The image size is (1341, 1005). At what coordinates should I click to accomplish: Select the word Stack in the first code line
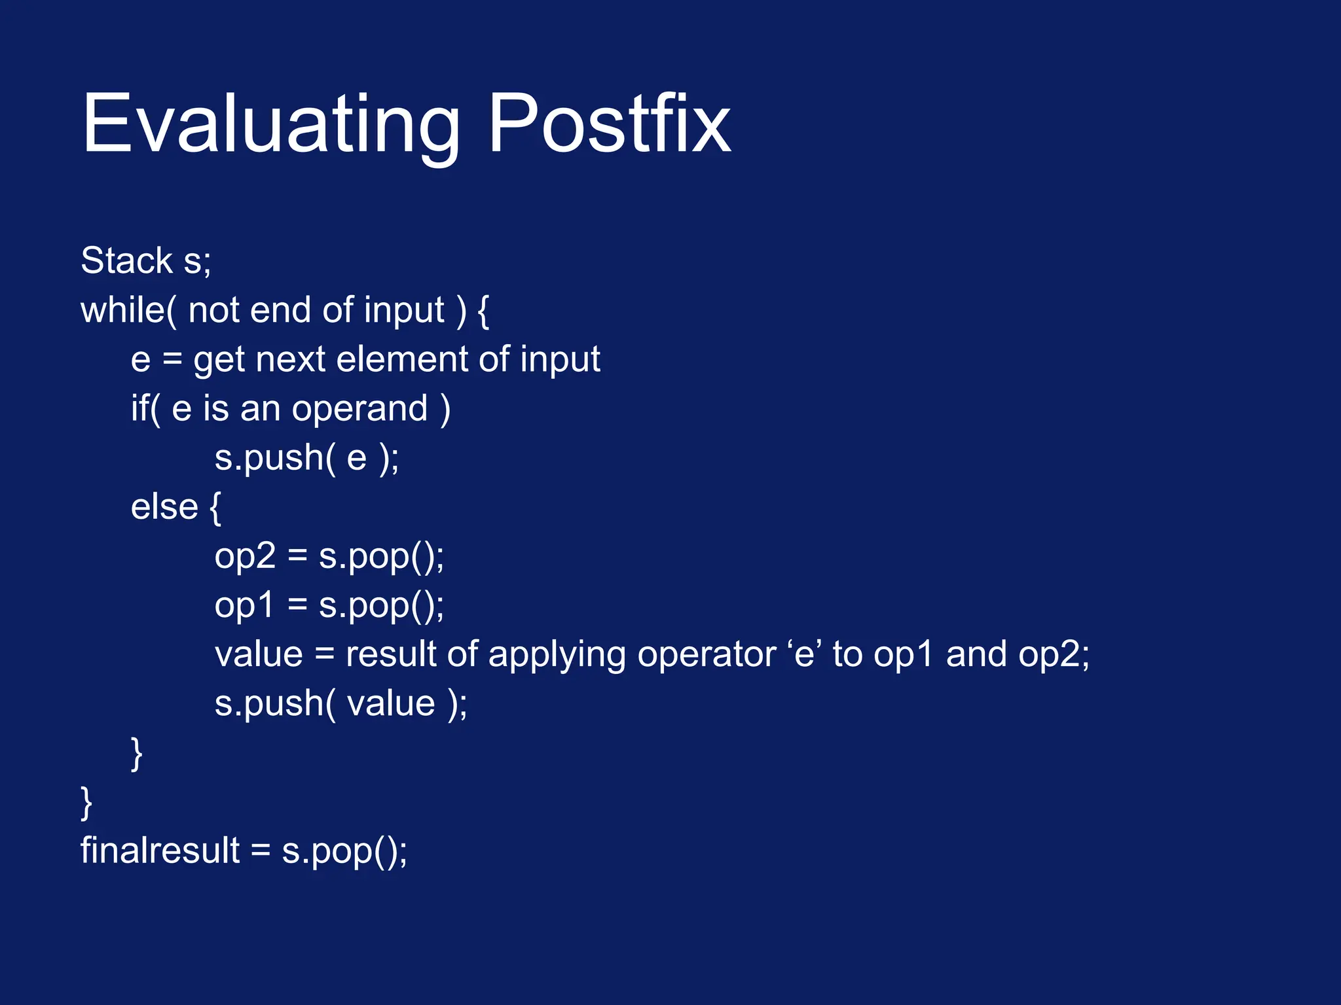pyautogui.click(x=126, y=260)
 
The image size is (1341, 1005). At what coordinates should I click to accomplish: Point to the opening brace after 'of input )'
pyautogui.click(x=483, y=311)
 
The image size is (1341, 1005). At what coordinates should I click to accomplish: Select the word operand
pyautogui.click(x=359, y=410)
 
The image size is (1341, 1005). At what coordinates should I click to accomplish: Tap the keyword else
pyautogui.click(x=164, y=507)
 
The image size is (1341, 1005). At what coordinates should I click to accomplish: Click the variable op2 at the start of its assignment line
pyautogui.click(x=245, y=557)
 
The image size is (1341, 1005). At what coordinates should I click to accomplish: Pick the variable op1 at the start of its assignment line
pyautogui.click(x=244, y=606)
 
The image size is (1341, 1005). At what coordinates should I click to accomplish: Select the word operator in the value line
pyautogui.click(x=707, y=655)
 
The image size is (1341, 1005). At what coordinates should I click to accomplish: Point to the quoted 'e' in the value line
pyautogui.click(x=804, y=654)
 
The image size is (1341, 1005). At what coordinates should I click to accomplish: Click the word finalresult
pyautogui.click(x=160, y=851)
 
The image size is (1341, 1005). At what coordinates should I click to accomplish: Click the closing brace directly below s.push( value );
pyautogui.click(x=137, y=754)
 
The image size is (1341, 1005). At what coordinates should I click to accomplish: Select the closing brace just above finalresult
pyautogui.click(x=86, y=803)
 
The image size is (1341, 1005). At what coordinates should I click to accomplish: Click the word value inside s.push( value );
pyautogui.click(x=391, y=704)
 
